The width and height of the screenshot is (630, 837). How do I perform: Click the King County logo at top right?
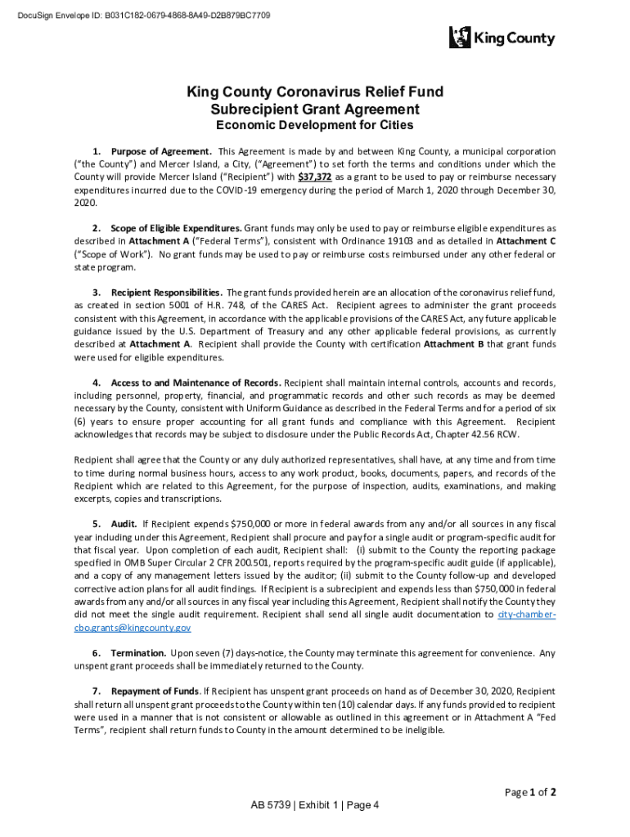(502, 38)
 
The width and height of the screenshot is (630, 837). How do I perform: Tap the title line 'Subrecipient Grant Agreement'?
(314, 109)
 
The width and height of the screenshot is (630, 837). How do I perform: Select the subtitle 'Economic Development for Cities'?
(314, 126)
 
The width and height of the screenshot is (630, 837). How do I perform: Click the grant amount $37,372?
(314, 177)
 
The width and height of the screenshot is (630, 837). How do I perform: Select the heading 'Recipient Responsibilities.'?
(167, 293)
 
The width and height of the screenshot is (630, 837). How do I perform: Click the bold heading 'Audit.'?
(124, 524)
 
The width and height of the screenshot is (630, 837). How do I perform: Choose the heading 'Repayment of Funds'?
(155, 691)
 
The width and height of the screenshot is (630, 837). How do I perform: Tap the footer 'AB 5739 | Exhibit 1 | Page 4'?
(315, 804)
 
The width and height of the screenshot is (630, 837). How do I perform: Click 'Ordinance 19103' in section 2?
(408, 241)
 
